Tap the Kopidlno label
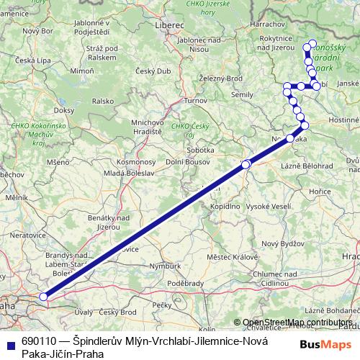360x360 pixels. pos(224,206)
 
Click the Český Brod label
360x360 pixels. pos(118,312)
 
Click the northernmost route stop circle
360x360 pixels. pos(312,44)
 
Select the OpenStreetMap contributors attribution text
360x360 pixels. pos(297,322)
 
